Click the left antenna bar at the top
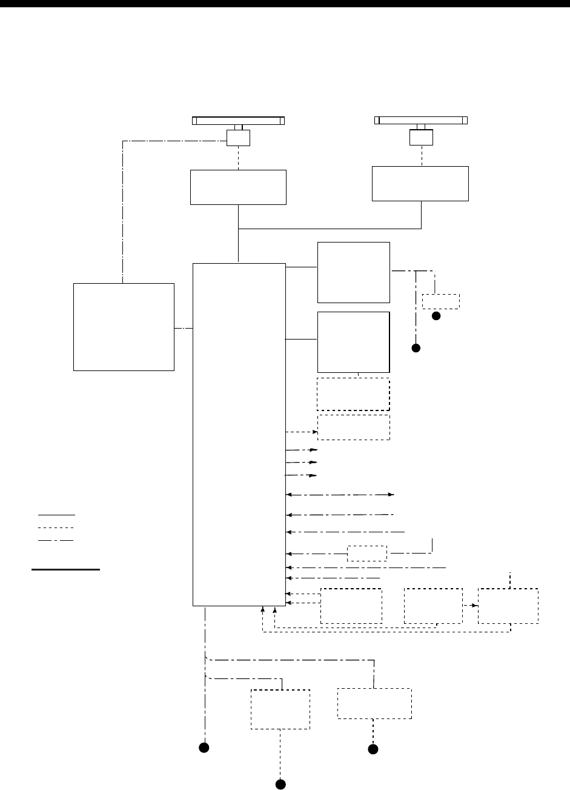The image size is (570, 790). (x=238, y=120)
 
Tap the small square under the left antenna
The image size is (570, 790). (x=237, y=139)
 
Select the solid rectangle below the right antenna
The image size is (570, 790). (x=420, y=183)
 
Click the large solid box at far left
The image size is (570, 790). (x=124, y=326)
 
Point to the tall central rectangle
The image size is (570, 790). (x=239, y=434)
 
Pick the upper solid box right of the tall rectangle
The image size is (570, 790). (x=353, y=272)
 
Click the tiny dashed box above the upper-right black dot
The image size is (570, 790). (x=440, y=301)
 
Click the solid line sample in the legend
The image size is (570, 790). (x=56, y=514)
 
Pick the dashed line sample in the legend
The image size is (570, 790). (x=56, y=527)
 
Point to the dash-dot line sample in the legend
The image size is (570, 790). (x=56, y=539)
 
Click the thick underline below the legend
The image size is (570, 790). (x=65, y=570)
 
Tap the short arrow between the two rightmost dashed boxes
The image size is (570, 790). (x=470, y=606)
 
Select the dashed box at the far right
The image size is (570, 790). (x=508, y=606)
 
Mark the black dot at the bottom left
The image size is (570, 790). (x=205, y=747)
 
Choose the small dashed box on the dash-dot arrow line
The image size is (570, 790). (x=367, y=554)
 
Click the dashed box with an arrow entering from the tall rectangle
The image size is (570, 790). (x=354, y=427)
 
